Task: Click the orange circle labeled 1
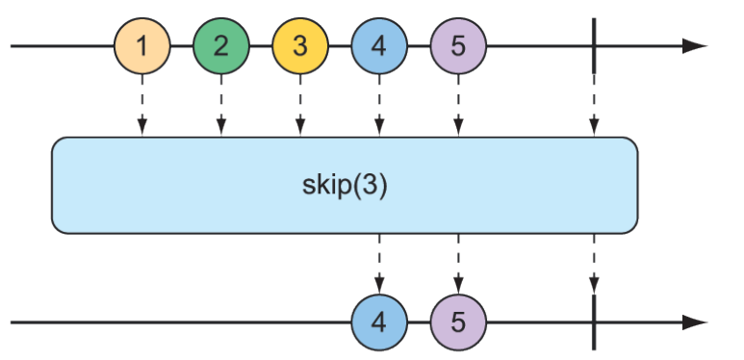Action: tap(142, 46)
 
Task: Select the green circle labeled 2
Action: tap(221, 46)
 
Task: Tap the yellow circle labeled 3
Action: tap(300, 46)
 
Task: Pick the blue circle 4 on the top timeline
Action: tap(379, 46)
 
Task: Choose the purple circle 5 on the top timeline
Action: tap(458, 46)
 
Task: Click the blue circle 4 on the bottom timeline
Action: tap(379, 321)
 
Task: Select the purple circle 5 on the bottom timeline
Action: tap(458, 321)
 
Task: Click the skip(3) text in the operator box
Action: tap(344, 185)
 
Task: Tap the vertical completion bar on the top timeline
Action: tap(594, 46)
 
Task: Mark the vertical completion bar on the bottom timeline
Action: tap(594, 321)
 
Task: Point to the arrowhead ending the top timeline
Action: tap(695, 46)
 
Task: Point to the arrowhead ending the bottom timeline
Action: tap(695, 321)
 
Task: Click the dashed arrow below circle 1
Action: tap(142, 106)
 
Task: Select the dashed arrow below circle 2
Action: tap(221, 106)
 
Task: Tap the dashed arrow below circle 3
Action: tap(300, 106)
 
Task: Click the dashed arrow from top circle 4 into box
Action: tap(379, 106)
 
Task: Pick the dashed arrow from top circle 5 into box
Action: tap(458, 106)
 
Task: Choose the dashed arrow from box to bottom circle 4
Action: tap(379, 262)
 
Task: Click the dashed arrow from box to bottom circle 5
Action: tap(458, 262)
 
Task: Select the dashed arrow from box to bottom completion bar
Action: tap(594, 262)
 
